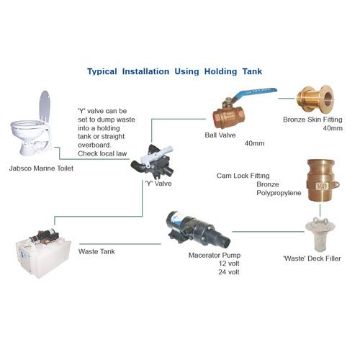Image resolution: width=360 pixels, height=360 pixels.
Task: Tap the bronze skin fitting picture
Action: [315, 99]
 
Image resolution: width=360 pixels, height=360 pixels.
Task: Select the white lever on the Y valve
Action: [156, 156]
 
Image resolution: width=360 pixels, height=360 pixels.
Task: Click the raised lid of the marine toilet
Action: [45, 105]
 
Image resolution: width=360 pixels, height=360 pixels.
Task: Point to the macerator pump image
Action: [199, 230]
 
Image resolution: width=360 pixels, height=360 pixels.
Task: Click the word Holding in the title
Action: [220, 71]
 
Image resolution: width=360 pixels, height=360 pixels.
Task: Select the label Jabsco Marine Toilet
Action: [41, 168]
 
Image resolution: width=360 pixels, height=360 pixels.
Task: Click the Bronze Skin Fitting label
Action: [312, 120]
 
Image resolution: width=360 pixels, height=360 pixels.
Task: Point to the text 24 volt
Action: [229, 272]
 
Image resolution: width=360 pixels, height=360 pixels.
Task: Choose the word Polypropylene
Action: [279, 193]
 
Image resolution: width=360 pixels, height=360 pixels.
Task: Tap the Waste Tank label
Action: [96, 251]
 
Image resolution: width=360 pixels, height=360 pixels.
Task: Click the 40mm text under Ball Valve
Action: [254, 143]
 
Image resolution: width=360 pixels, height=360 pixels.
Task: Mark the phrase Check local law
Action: [102, 153]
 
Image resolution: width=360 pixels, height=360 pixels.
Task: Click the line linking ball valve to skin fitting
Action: [287, 98]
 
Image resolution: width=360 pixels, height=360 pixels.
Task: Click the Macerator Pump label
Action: [215, 255]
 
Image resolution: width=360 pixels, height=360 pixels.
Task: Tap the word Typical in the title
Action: [102, 71]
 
